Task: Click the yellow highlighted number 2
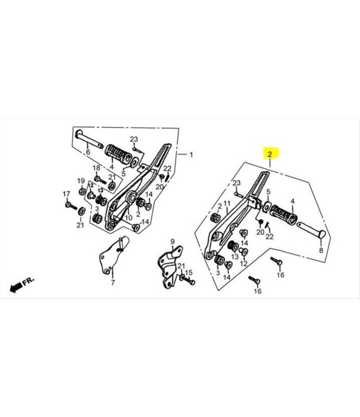[x=270, y=154]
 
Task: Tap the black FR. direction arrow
[x=16, y=287]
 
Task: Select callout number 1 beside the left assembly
[x=191, y=155]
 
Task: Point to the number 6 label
[x=88, y=152]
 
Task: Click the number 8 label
[x=321, y=250]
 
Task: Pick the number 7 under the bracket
[x=113, y=282]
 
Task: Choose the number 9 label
[x=172, y=242]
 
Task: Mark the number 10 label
[x=128, y=218]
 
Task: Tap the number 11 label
[x=227, y=204]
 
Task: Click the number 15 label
[x=188, y=272]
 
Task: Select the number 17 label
[x=66, y=194]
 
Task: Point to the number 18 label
[x=96, y=168]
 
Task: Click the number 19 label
[x=81, y=181]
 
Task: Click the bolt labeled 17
[x=71, y=205]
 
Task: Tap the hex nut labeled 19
[x=82, y=191]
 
